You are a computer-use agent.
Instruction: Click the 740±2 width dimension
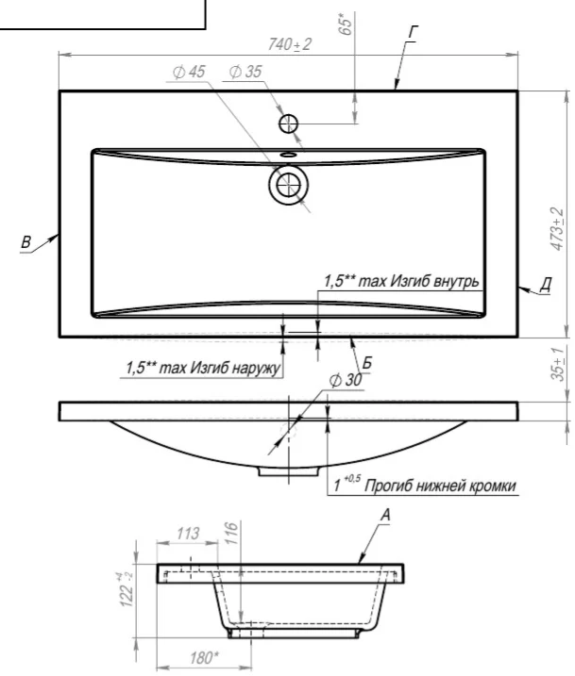289,44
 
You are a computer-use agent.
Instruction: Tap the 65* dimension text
346,24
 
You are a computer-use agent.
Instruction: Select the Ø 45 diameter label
189,72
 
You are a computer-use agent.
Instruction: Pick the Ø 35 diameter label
245,72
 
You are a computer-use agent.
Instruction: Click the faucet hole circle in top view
288,124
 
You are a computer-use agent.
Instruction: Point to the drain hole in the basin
288,185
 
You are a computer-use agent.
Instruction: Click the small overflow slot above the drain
288,154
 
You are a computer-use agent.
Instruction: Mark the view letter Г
413,32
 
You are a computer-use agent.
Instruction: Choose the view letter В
25,242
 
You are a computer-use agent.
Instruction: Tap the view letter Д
546,285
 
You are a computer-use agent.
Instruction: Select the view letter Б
366,363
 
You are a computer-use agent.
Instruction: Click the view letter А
385,515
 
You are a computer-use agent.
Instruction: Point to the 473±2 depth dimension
557,228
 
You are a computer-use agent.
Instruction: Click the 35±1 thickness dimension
557,364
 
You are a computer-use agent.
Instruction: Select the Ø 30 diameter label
346,380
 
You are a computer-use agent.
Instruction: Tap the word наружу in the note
256,369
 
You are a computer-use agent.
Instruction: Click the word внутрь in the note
456,282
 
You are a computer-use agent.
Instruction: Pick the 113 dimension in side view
188,534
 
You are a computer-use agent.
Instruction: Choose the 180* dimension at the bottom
204,658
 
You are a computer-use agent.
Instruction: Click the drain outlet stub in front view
288,470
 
